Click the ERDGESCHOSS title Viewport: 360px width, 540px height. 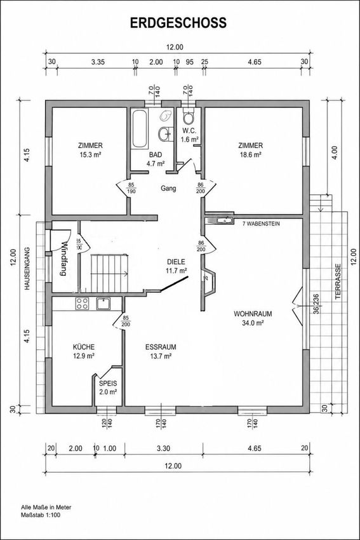[x=178, y=23]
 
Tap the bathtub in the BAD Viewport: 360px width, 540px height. [x=140, y=129]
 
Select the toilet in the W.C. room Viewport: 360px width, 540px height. [x=188, y=116]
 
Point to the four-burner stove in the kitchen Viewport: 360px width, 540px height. [x=82, y=304]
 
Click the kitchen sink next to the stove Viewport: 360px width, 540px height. [x=103, y=304]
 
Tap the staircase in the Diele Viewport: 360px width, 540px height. [x=110, y=273]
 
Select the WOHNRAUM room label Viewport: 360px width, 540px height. [x=253, y=314]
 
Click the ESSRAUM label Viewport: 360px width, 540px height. [x=161, y=347]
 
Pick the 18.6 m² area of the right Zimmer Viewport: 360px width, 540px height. [x=251, y=155]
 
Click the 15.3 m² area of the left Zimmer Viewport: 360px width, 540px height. [x=90, y=155]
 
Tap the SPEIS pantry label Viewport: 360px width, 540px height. [x=108, y=383]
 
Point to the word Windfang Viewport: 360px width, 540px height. [x=63, y=259]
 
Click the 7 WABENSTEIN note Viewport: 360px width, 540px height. [x=261, y=224]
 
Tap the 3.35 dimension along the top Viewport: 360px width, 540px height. [x=98, y=62]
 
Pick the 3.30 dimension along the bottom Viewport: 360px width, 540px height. [x=163, y=449]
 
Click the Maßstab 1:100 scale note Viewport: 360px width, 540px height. [x=41, y=516]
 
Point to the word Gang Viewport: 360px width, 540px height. [x=169, y=189]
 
